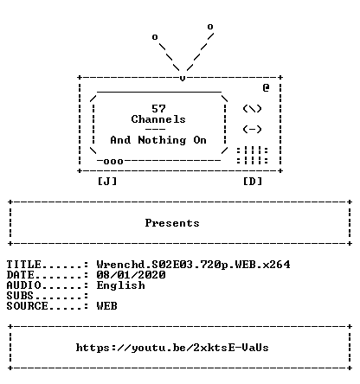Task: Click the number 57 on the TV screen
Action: pos(158,109)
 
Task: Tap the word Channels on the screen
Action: pos(158,119)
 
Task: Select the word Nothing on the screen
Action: pos(162,140)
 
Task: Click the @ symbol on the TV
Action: pos(266,87)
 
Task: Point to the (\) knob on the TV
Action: pos(252,109)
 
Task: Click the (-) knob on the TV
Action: pos(252,129)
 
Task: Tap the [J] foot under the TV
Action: pos(107,182)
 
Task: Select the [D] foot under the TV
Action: pos(253,182)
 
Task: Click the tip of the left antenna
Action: pos(155,37)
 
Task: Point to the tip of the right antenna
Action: pos(210,27)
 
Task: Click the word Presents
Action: pos(172,223)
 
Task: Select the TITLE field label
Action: pos(24,265)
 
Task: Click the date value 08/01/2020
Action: pos(131,275)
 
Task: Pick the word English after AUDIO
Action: pos(120,285)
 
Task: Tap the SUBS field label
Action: pos(20,296)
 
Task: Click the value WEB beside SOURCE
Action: pos(107,306)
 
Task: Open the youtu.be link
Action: pos(172,348)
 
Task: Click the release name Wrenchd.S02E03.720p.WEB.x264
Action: pos(193,265)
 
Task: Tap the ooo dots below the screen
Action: pos(113,162)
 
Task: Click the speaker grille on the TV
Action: pos(253,156)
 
